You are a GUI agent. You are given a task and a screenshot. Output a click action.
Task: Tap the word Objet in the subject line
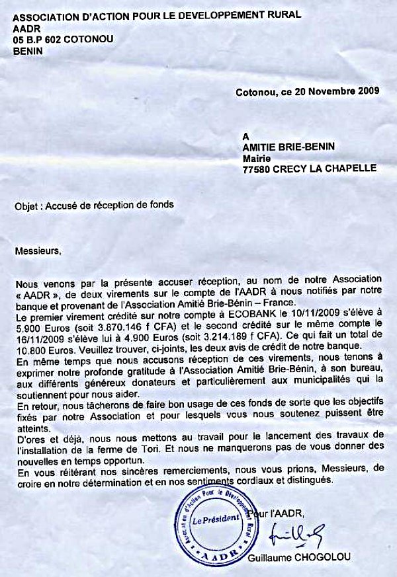[27, 205]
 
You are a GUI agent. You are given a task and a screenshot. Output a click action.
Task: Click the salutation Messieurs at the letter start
[37, 251]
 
